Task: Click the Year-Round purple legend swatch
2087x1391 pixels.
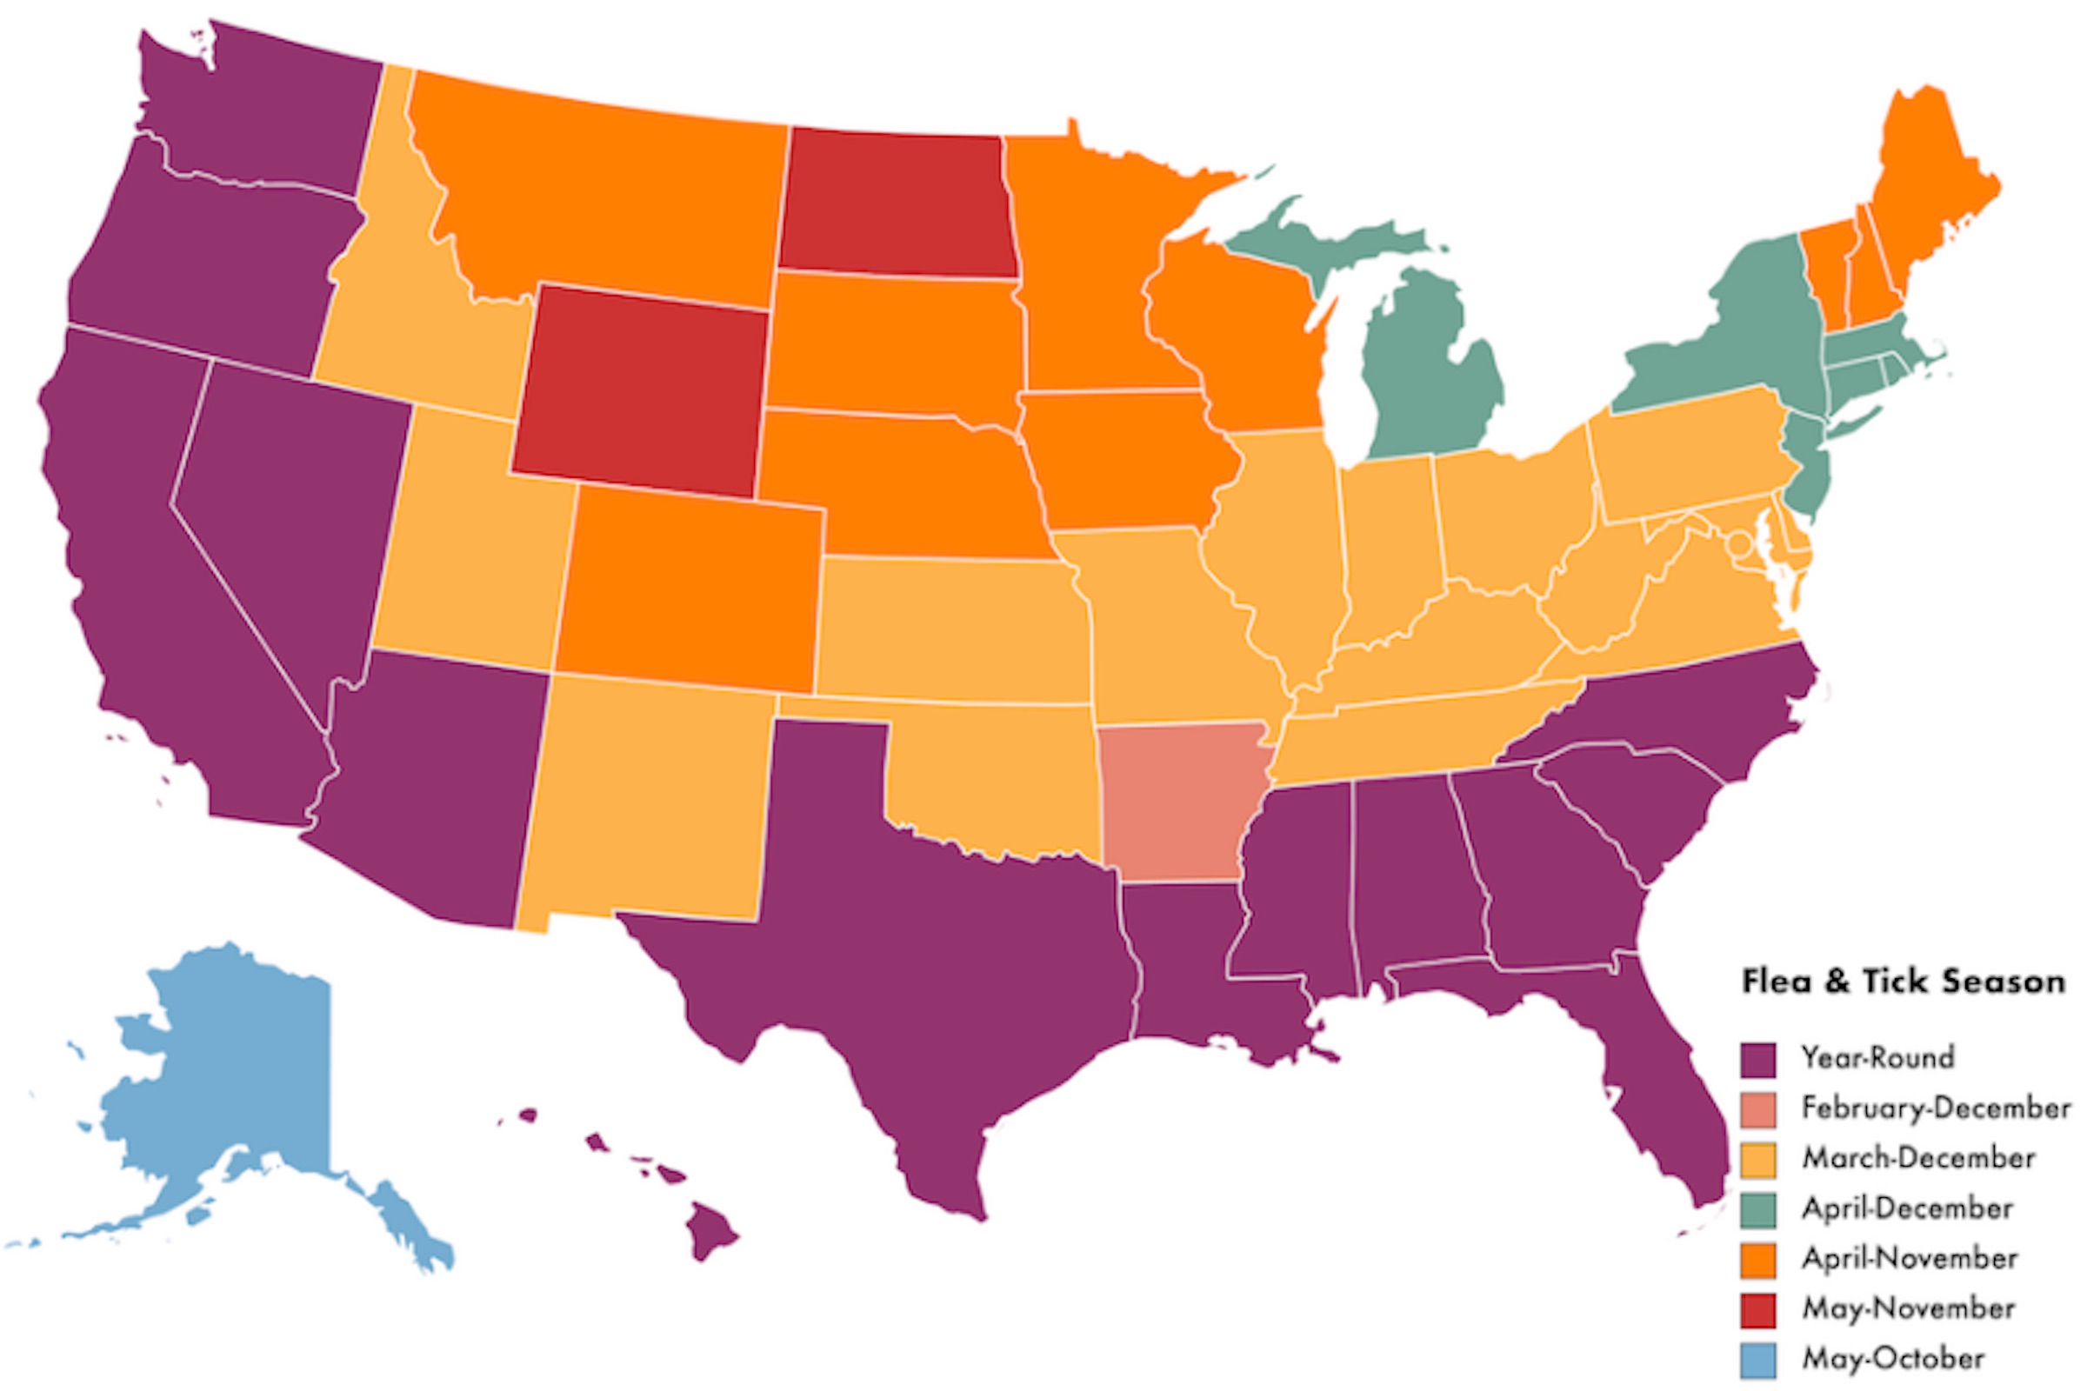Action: click(x=1757, y=1058)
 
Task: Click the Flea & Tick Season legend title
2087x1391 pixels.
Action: click(x=1903, y=982)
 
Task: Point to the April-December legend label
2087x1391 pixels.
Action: click(x=1907, y=1208)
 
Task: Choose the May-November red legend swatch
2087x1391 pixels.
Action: click(x=1757, y=1310)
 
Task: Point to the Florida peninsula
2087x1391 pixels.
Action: click(x=1668, y=1091)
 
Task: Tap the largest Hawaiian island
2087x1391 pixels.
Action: click(x=710, y=1229)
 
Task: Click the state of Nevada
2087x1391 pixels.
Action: click(x=284, y=496)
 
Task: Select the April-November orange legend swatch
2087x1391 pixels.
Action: click(x=1757, y=1260)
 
